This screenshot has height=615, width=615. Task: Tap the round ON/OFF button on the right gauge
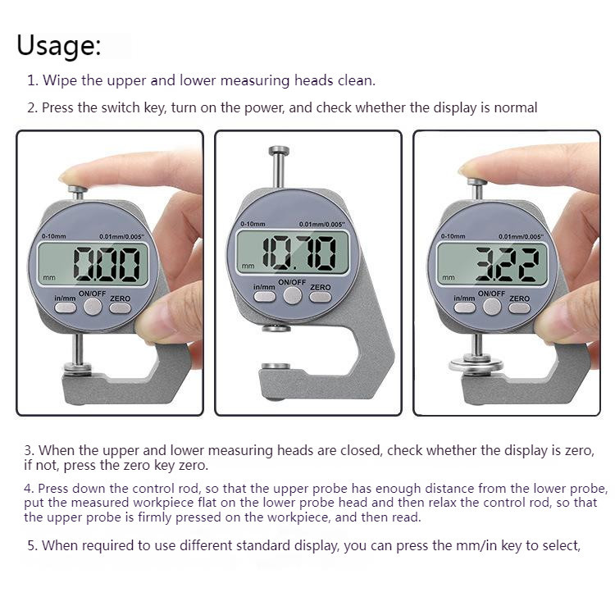(x=492, y=307)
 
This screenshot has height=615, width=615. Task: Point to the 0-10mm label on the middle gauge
(x=254, y=223)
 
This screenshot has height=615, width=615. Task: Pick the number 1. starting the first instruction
(x=33, y=81)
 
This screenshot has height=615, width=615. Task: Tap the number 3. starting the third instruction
(x=30, y=450)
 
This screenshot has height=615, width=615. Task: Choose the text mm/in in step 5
(x=468, y=545)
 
